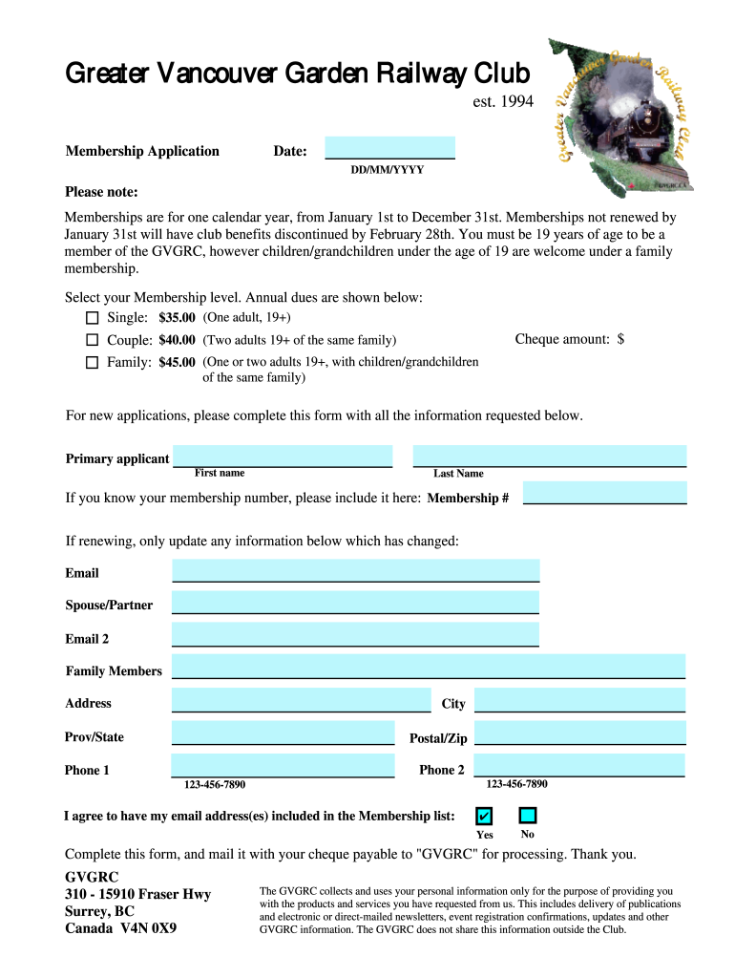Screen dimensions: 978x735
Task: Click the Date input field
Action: tap(389, 147)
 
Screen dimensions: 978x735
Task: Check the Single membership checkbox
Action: tap(93, 317)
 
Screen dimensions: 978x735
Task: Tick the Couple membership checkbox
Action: tap(93, 340)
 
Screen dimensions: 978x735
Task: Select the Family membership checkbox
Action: tap(93, 362)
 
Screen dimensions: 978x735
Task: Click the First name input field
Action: tap(283, 456)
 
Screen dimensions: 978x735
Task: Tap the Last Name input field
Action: tap(549, 456)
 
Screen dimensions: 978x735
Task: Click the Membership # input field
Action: tap(604, 493)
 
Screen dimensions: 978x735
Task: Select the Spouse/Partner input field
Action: tap(355, 603)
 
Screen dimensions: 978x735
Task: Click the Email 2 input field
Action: tap(355, 635)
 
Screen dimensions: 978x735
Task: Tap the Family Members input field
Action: tap(428, 667)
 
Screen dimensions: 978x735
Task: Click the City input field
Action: tap(579, 700)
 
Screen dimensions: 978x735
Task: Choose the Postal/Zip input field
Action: tap(579, 733)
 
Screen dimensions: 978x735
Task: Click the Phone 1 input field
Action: tap(283, 766)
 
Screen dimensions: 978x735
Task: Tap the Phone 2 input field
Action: tap(578, 766)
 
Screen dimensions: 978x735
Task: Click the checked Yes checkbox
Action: tap(485, 816)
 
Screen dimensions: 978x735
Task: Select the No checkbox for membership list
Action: tap(527, 816)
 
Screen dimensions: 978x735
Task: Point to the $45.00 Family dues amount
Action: tap(177, 363)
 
